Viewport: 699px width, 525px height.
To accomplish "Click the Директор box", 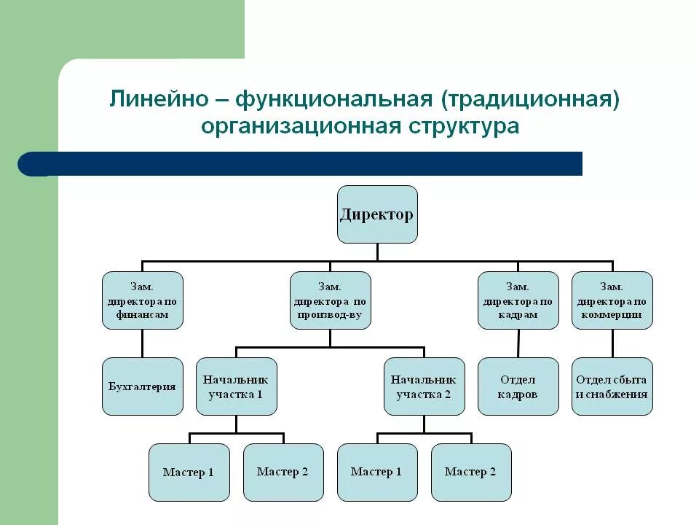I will coord(377,214).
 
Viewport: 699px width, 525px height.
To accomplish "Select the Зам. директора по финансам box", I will coord(142,300).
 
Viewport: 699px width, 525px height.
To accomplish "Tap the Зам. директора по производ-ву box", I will coord(330,300).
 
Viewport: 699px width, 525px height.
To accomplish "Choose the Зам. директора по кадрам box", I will coord(518,300).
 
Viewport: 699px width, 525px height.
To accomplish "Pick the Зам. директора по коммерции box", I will coord(612,300).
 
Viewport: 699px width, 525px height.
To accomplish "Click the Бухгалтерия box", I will coord(142,386).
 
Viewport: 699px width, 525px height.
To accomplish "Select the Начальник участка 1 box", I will coord(236,386).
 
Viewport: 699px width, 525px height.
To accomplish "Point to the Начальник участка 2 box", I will coord(424,386).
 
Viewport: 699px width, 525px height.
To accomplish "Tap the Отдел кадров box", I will coord(518,386).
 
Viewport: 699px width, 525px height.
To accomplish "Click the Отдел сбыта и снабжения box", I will coord(612,386).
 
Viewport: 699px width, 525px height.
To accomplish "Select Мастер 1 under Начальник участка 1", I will coord(189,472).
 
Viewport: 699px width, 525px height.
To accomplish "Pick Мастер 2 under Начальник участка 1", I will coord(283,472).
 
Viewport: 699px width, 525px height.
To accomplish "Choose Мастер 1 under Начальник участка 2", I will coord(376,472).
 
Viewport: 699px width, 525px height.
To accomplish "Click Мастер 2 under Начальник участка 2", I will coord(470,472).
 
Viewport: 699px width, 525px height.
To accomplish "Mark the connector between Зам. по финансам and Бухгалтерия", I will coord(142,343).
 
